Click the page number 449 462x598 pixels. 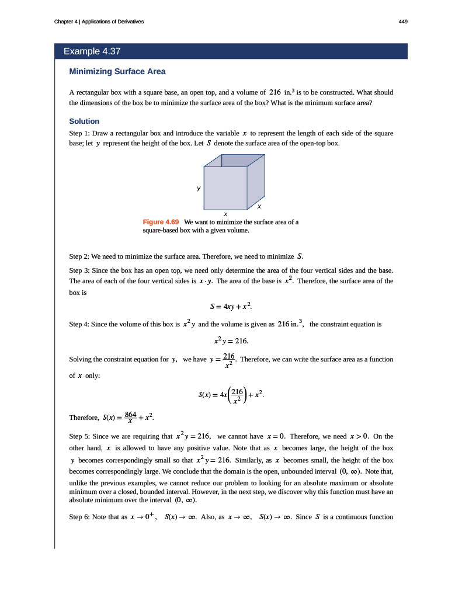pyautogui.click(x=402, y=22)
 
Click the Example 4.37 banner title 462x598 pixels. pyautogui.click(x=92, y=51)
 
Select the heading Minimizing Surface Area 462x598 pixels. pyautogui.click(x=117, y=71)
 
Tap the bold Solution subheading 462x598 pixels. pyautogui.click(x=84, y=121)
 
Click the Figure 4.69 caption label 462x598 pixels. pyautogui.click(x=161, y=222)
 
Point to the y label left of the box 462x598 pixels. pyautogui.click(x=199, y=188)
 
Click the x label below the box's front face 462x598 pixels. pyautogui.click(x=225, y=214)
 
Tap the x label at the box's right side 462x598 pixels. pyautogui.click(x=259, y=207)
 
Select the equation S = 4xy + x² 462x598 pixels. pyautogui.click(x=231, y=305)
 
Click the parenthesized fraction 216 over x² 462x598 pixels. pyautogui.click(x=237, y=394)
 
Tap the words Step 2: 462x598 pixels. pyautogui.click(x=79, y=256)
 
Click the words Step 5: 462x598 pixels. pyautogui.click(x=79, y=436)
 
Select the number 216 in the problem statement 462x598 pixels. pyautogui.click(x=276, y=92)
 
